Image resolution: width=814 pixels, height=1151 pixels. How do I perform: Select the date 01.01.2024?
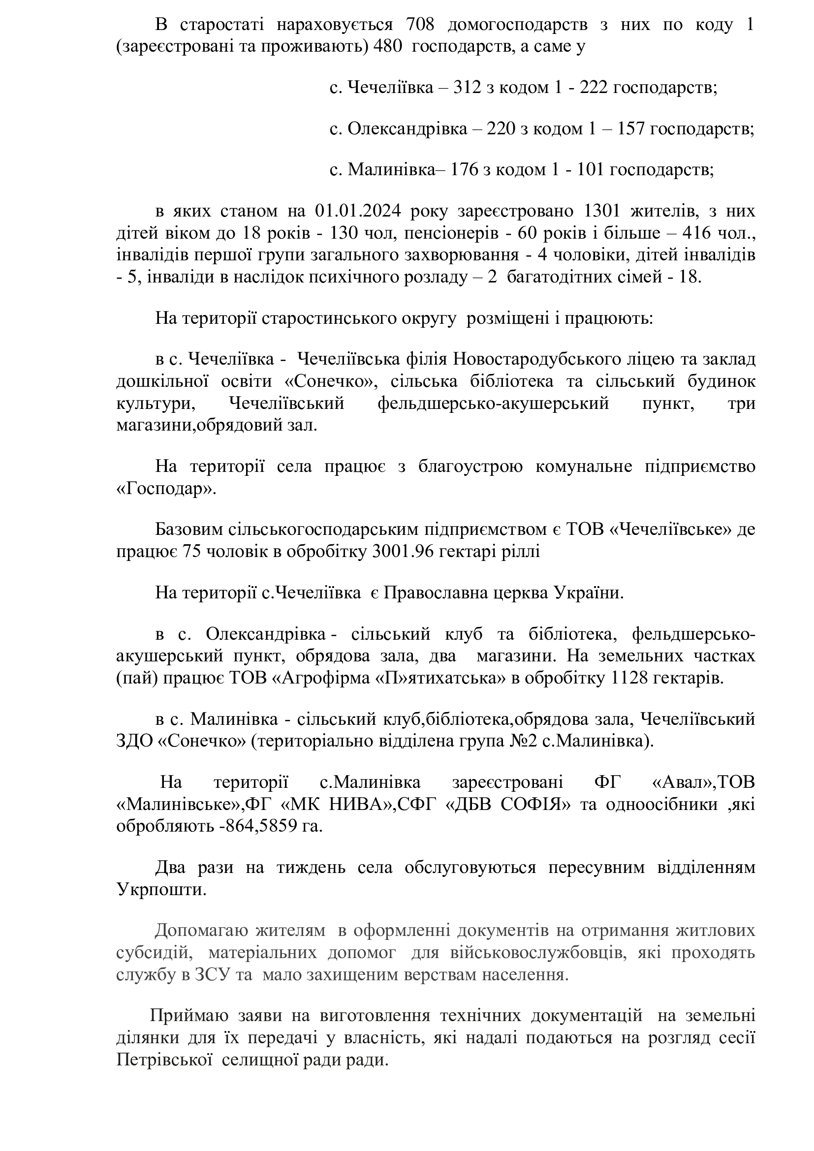pos(358,211)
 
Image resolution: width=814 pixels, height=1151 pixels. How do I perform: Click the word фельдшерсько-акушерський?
pos(493,403)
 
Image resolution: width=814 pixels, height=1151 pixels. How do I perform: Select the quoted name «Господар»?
pos(166,489)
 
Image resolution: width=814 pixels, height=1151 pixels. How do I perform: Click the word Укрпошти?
pos(161,889)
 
